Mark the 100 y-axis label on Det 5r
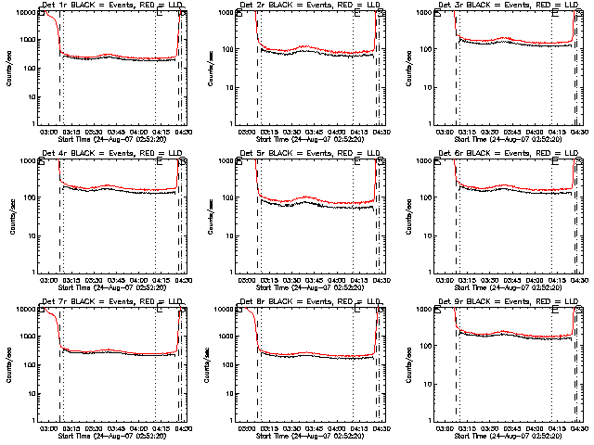click(231, 197)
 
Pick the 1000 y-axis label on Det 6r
click(429, 160)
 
